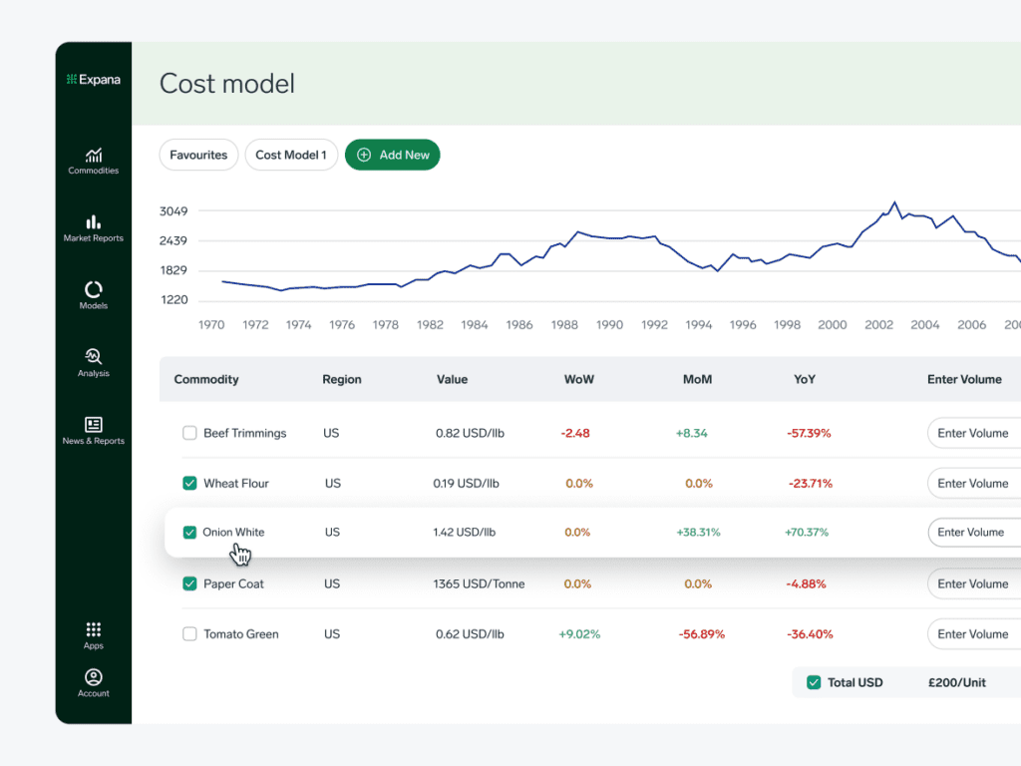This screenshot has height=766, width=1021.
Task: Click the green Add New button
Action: (392, 155)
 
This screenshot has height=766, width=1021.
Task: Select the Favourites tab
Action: (198, 155)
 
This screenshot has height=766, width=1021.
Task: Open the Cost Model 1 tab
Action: (291, 155)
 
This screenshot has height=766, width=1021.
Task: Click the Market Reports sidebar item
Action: (94, 227)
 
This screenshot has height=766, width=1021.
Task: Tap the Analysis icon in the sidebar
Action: (94, 356)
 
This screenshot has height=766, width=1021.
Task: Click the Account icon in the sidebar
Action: (94, 678)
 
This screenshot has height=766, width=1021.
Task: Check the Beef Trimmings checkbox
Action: (189, 433)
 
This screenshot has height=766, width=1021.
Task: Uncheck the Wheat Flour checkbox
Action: (189, 484)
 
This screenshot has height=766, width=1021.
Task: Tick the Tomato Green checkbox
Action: (189, 634)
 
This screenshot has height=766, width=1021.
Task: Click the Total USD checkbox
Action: (814, 682)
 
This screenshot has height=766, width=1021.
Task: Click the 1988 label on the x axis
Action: (564, 325)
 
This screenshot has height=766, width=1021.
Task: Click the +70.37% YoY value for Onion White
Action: (807, 533)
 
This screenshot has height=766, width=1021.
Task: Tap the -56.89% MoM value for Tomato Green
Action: (702, 634)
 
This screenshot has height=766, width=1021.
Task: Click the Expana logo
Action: (94, 79)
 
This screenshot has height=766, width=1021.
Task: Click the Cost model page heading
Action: (227, 84)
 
